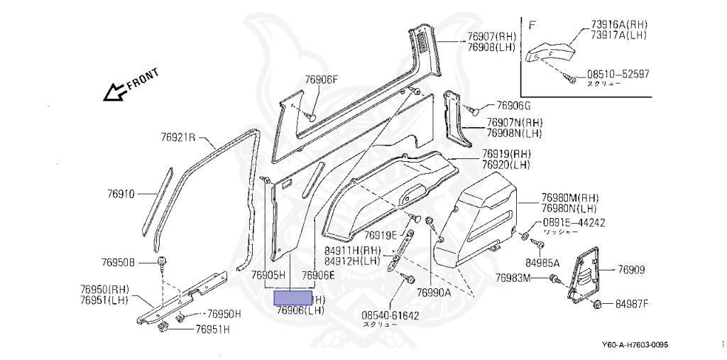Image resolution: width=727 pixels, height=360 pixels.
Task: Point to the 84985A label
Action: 542,263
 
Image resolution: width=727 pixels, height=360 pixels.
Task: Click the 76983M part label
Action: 513,278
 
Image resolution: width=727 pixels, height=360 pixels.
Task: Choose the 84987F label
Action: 631,305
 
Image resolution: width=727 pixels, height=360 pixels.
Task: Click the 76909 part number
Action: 631,270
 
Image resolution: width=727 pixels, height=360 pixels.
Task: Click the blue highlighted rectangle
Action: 293,298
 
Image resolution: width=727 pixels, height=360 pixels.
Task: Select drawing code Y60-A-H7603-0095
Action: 635,346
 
